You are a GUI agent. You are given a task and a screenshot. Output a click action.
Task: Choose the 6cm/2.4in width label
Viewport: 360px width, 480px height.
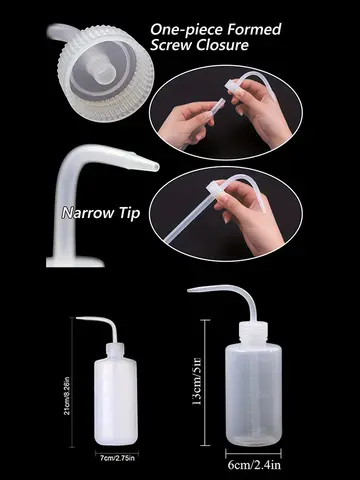(x=254, y=463)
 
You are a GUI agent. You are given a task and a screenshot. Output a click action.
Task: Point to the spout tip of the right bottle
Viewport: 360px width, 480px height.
(x=190, y=289)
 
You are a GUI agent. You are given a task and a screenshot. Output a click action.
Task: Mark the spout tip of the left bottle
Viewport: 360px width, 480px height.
(x=77, y=320)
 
